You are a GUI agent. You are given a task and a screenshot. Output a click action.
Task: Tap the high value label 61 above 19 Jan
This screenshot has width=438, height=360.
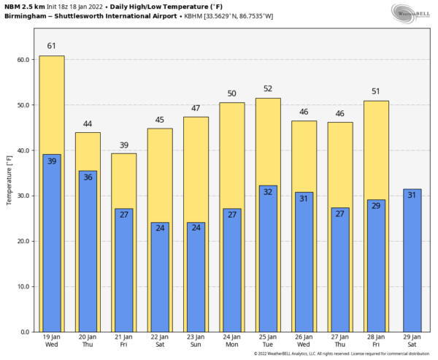click(52, 46)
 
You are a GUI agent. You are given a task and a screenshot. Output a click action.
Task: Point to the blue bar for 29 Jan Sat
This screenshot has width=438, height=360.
click(412, 263)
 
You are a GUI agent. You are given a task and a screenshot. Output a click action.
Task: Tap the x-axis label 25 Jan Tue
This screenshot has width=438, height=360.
click(268, 341)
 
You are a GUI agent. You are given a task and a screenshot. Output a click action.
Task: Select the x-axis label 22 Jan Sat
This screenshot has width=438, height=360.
click(160, 341)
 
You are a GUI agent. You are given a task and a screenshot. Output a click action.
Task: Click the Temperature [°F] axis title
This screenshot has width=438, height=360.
click(9, 179)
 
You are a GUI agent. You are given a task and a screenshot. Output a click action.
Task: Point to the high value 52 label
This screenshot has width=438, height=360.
click(268, 88)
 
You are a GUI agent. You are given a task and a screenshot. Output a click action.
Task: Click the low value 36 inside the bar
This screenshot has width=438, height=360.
click(88, 177)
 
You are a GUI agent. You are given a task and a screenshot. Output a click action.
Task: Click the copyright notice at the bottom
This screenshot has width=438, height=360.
click(341, 354)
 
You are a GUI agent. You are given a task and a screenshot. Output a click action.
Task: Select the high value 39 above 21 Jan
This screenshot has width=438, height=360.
click(124, 145)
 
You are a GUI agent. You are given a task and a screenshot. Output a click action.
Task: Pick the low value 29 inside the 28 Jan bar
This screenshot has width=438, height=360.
click(376, 206)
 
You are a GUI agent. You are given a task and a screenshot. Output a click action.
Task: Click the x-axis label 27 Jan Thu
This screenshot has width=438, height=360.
click(340, 341)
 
